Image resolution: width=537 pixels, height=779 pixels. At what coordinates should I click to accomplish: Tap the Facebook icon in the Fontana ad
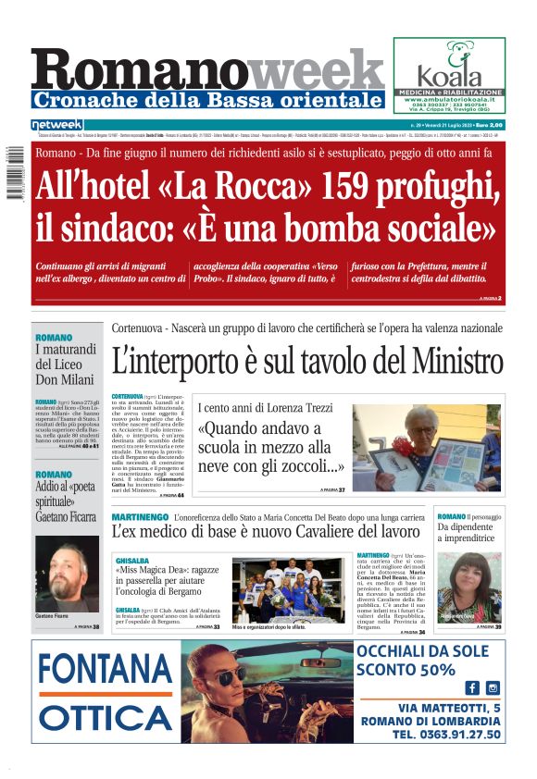coord(471,687)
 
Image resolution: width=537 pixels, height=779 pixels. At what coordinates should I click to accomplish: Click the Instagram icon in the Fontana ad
coord(493,687)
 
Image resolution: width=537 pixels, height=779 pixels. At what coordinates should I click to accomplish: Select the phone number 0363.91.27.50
coord(445,735)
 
